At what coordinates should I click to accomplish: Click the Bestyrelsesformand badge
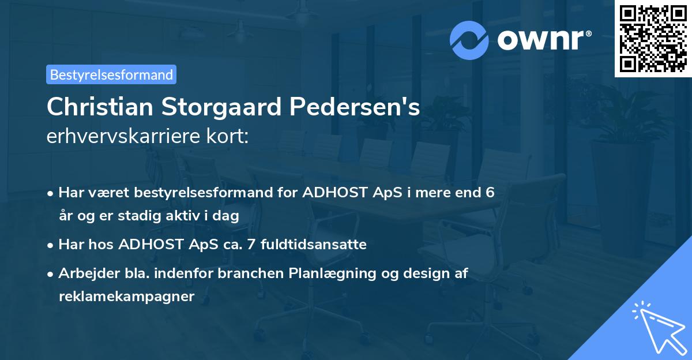tap(111, 74)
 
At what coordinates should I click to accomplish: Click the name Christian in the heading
tap(91, 107)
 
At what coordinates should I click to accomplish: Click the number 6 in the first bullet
tap(490, 192)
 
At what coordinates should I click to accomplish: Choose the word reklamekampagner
tap(127, 297)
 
